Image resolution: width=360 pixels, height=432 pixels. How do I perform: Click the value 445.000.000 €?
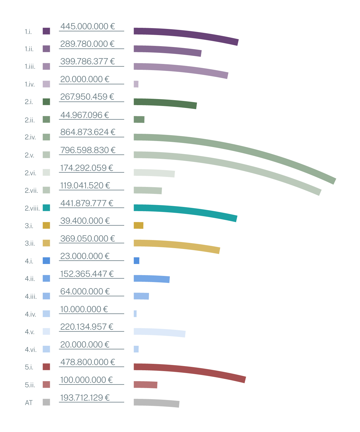(87, 26)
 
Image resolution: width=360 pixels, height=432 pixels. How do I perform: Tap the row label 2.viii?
(32, 208)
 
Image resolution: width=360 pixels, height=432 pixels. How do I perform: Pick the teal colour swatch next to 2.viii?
(46, 208)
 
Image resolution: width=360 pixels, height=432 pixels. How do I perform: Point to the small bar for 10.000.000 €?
(135, 314)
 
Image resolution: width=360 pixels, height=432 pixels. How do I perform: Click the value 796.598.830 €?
(88, 150)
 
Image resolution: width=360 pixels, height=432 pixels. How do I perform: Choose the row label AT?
(29, 403)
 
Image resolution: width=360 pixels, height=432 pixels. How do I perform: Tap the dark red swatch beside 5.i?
(46, 367)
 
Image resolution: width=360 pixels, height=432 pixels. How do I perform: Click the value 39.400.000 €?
(85, 221)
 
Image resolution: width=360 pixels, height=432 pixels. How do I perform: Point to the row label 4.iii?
(31, 297)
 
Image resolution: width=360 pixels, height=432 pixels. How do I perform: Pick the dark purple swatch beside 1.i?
(46, 31)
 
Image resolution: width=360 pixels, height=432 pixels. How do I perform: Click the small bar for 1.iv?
(136, 84)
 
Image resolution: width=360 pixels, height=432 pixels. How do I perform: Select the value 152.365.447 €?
(87, 274)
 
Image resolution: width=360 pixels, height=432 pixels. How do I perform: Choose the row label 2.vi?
(30, 173)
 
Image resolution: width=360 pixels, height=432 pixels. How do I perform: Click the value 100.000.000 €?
(86, 380)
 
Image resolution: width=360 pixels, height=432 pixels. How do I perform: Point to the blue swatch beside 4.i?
(46, 261)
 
